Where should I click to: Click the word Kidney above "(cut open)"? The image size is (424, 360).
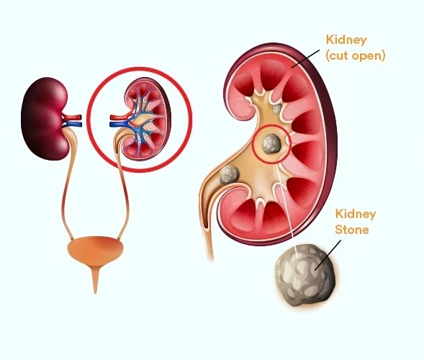(x=346, y=40)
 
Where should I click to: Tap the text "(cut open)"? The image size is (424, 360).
(x=356, y=56)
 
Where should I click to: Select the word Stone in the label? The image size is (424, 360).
(x=352, y=230)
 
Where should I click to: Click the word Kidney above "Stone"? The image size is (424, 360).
(x=356, y=215)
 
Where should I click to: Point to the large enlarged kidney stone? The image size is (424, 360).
(x=305, y=275)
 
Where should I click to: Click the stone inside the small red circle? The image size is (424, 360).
(x=271, y=144)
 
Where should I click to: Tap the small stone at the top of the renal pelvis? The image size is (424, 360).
(x=277, y=109)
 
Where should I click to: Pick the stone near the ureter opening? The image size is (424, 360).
(x=230, y=175)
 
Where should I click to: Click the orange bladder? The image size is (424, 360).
(x=95, y=250)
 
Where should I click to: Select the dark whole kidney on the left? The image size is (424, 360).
(x=45, y=119)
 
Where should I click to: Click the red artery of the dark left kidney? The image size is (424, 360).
(x=72, y=117)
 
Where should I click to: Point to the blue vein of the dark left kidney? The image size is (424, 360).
(x=73, y=125)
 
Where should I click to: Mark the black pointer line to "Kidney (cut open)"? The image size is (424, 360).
(x=305, y=58)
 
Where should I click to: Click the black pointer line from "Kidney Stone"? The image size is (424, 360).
(x=328, y=255)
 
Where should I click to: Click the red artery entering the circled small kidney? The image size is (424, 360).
(x=119, y=117)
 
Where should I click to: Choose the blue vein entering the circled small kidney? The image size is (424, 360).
(x=119, y=124)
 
